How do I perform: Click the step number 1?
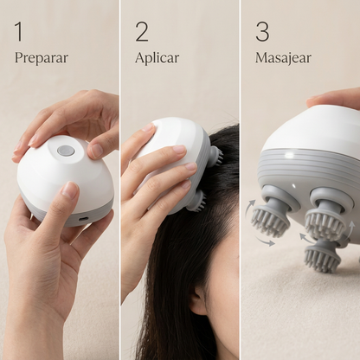19,31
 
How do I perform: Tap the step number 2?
142,31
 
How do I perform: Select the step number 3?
262,31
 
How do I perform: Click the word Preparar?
42,58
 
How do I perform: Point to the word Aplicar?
157,57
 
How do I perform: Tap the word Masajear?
283,58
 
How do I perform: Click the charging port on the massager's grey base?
83,219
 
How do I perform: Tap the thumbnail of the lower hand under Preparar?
70,189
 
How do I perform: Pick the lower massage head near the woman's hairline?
198,202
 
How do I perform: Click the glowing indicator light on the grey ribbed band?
289,155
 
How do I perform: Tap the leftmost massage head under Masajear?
272,213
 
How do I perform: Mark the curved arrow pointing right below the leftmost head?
264,241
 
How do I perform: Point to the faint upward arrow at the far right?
350,228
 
